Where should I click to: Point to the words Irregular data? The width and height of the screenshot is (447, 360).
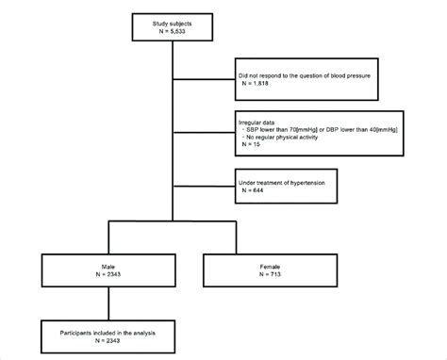[260, 120]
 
